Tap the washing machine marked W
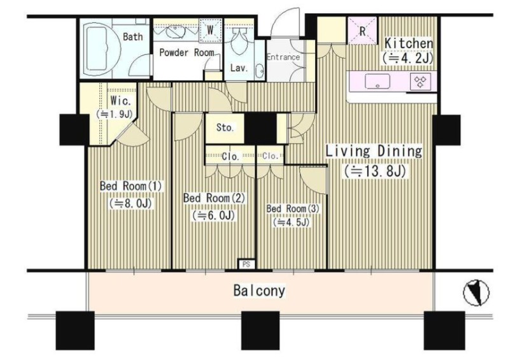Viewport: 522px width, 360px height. (x=210, y=31)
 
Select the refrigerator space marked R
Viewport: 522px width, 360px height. (x=362, y=31)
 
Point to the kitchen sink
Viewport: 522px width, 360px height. (x=377, y=82)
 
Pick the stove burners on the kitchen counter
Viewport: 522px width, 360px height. (x=420, y=82)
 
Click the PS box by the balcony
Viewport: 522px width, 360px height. (x=247, y=264)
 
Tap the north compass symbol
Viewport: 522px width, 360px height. (x=476, y=292)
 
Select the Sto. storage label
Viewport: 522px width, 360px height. (x=225, y=127)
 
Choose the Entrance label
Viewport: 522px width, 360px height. (x=283, y=57)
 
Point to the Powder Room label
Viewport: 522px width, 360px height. (x=187, y=52)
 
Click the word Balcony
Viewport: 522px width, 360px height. (x=259, y=291)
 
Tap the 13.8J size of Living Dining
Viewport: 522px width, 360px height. (x=375, y=171)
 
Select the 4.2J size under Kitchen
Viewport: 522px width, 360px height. (x=408, y=59)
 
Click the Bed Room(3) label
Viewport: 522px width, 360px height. (x=293, y=208)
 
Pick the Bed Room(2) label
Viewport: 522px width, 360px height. (x=214, y=198)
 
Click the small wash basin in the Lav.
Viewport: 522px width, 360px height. (x=259, y=71)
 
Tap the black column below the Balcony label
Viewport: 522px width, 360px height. (x=260, y=330)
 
